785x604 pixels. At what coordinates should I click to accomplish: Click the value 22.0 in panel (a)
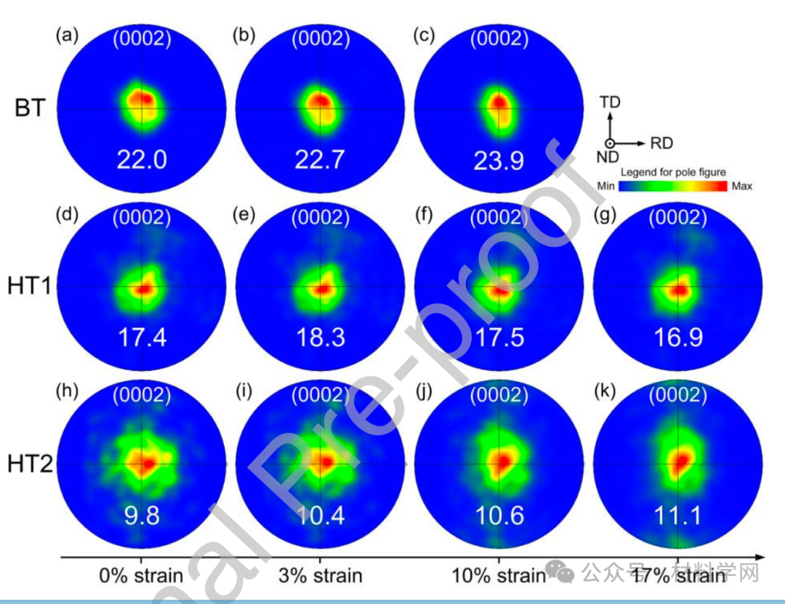[142, 159]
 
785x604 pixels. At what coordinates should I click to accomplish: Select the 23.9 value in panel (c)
[499, 160]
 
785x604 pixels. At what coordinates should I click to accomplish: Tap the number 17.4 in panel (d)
[142, 337]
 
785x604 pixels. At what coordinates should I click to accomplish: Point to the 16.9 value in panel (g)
[678, 337]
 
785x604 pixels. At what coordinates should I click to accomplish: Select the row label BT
[30, 108]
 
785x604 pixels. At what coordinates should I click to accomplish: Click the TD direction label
[611, 102]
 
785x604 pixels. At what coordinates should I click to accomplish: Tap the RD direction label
[661, 143]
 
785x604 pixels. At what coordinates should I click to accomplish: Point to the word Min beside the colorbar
[606, 186]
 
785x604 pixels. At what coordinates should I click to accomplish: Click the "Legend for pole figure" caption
[672, 172]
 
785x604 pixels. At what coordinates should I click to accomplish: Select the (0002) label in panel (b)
[321, 38]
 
